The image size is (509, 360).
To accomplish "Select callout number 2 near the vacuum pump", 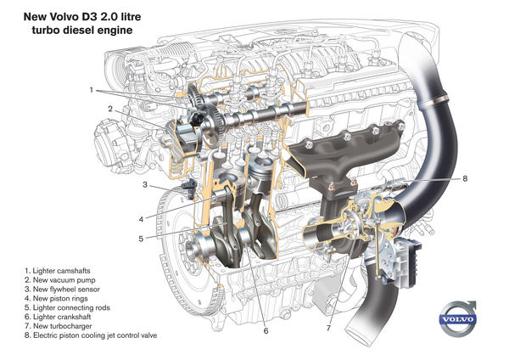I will pos(110,110).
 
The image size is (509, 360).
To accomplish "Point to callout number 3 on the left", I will pos(145,184).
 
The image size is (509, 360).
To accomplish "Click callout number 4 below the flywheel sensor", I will pos(140,218).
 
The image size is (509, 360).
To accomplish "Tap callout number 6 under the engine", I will pos(266,331).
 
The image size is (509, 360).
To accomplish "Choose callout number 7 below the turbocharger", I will pos(327,326).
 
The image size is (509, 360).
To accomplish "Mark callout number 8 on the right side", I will pos(465,179).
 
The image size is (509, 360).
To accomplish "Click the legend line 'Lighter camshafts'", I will pos(61,267).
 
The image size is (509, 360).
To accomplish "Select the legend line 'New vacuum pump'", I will pos(61,278).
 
